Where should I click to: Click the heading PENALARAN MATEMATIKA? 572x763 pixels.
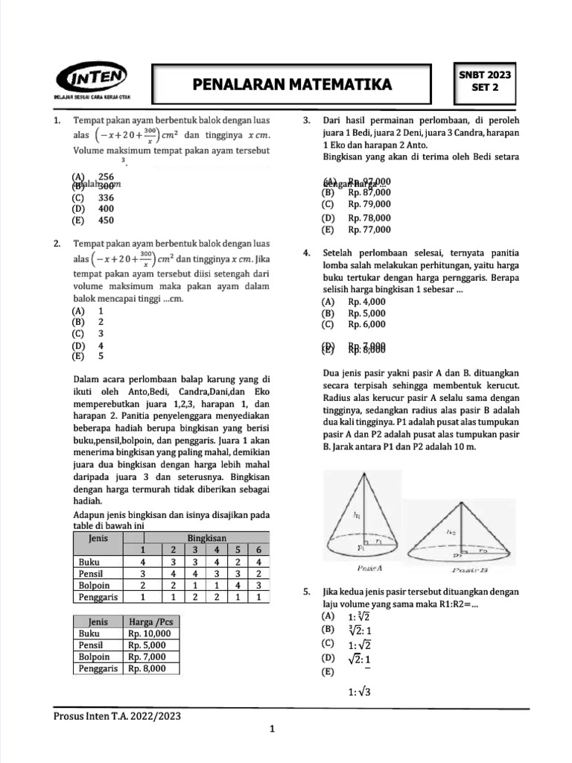292,85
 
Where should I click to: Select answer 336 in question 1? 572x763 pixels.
106,198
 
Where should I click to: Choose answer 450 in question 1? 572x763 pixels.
106,221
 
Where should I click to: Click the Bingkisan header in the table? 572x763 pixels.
206,537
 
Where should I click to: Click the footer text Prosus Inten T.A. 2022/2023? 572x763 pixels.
117,716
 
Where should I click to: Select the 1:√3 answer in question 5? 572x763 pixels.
359,692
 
